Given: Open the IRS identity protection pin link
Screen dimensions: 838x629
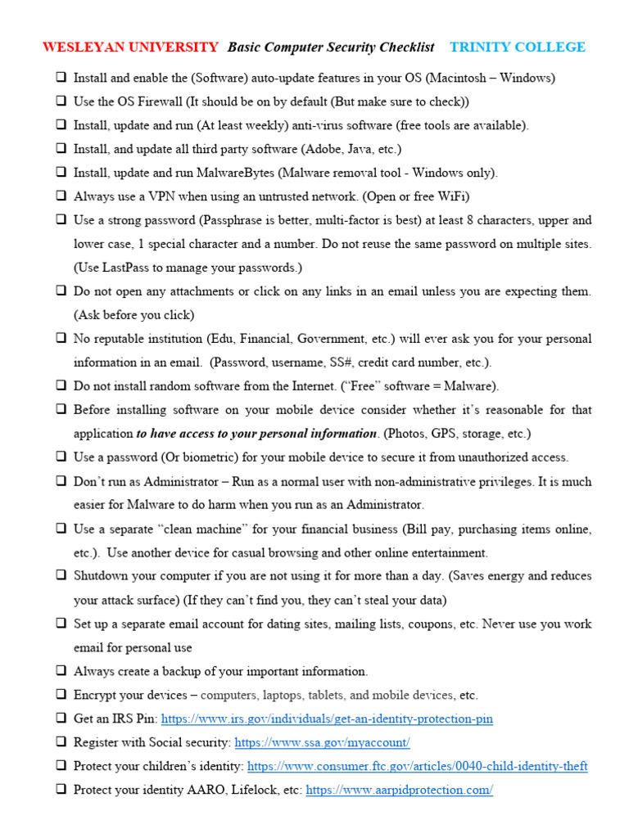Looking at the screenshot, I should (327, 719).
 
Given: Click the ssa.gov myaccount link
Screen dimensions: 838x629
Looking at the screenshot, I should (322, 743).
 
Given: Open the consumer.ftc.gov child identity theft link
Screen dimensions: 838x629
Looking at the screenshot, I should (417, 767).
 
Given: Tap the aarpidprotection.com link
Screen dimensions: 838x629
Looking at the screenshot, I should (399, 791).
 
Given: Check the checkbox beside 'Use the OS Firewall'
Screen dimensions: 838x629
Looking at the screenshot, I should (61, 102).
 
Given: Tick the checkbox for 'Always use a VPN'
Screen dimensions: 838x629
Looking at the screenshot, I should (61, 197).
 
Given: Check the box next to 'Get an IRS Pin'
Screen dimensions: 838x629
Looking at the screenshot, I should (61, 719).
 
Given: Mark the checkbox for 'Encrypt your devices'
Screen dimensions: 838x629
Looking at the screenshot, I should (61, 695).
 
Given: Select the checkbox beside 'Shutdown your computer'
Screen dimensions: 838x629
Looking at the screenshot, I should (61, 576).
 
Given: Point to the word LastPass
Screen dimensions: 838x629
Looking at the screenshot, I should (124, 268).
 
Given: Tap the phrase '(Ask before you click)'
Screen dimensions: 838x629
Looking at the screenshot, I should (133, 315).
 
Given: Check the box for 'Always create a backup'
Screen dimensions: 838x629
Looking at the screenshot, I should (61, 671).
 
